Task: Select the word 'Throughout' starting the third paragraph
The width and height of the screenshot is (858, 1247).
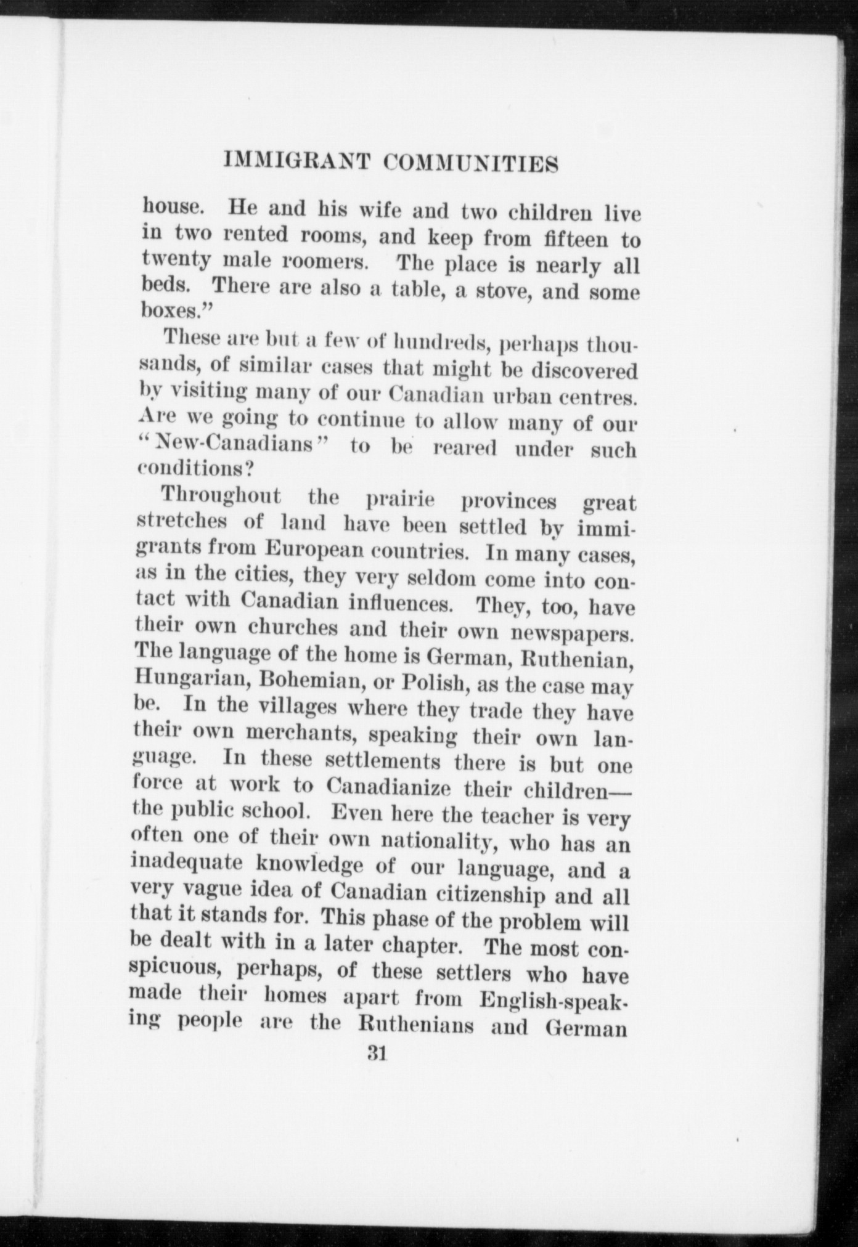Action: (221, 496)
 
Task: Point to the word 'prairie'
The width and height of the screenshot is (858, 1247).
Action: (401, 500)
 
